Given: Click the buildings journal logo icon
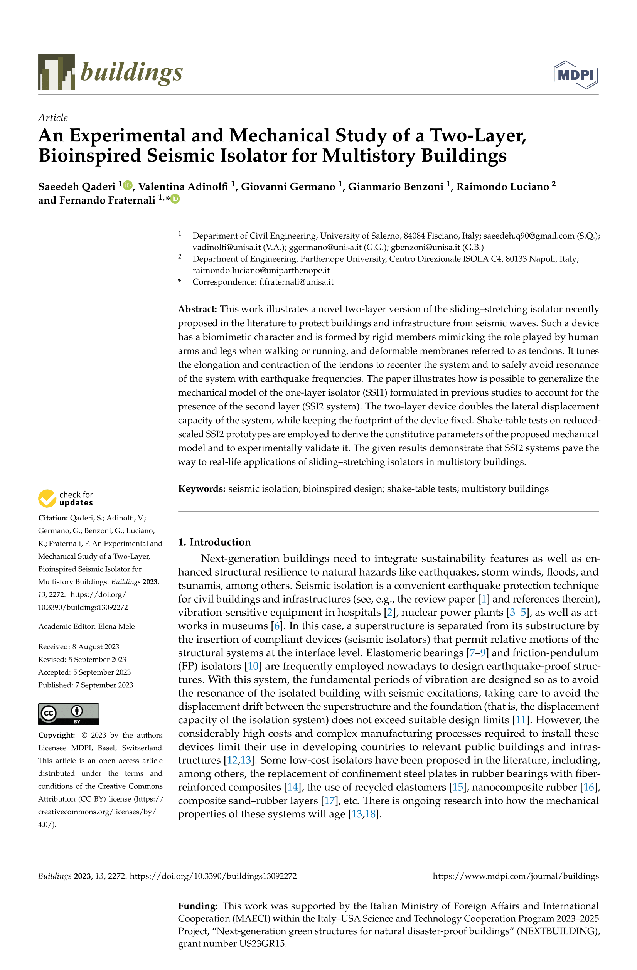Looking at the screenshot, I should (56, 72).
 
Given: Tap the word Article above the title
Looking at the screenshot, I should (53, 118).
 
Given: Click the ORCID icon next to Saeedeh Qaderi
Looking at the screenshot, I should (128, 185).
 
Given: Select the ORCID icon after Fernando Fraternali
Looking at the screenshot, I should (175, 199).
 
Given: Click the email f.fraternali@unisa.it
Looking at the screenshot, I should (296, 281).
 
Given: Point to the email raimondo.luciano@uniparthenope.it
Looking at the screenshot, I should (261, 270).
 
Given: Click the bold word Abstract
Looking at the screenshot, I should (197, 309).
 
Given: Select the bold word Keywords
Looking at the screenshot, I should (202, 489).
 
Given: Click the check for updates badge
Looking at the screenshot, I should (66, 498).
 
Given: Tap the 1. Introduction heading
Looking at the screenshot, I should (214, 542).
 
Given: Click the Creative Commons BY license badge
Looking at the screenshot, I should (69, 714).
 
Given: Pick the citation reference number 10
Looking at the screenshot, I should (253, 666).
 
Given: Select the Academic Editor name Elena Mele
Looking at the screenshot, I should (116, 626).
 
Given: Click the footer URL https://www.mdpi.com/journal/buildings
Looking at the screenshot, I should (516, 876).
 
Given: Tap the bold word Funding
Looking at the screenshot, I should (198, 906).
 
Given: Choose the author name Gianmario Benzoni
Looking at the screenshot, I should (395, 187).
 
